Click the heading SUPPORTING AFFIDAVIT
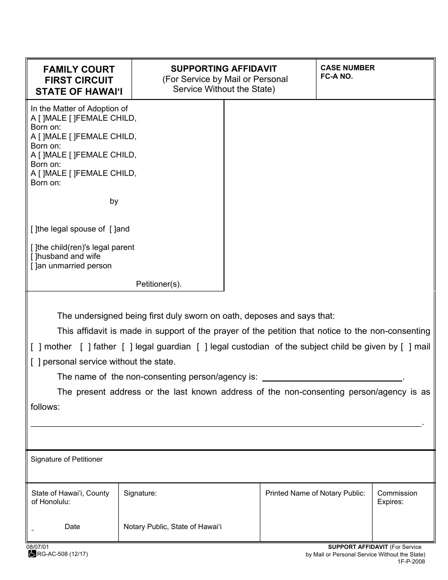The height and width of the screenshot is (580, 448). click(x=224, y=68)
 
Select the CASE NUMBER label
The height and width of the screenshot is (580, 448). click(x=348, y=68)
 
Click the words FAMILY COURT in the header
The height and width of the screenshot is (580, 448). click(x=79, y=69)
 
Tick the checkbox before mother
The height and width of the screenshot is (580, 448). click(x=36, y=347)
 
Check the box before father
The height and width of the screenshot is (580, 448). click(x=85, y=347)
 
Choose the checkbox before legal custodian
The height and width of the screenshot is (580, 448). click(x=202, y=347)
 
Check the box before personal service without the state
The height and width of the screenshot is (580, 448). click(x=36, y=362)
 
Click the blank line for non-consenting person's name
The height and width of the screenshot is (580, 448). click(x=332, y=376)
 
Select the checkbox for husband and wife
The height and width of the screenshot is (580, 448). click(x=33, y=257)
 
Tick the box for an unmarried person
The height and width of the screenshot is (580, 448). click(x=33, y=266)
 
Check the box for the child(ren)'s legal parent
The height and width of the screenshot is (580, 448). click(x=33, y=248)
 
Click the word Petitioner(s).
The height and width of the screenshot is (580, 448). click(x=158, y=284)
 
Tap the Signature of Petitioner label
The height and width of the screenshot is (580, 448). click(x=66, y=459)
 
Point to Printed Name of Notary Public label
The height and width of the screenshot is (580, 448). click(x=315, y=493)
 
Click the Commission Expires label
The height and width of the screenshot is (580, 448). click(x=397, y=497)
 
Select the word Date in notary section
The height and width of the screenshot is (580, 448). click(x=72, y=527)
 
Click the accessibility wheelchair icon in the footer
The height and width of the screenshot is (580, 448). click(x=32, y=554)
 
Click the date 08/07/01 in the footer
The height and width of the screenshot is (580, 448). click(x=38, y=547)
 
